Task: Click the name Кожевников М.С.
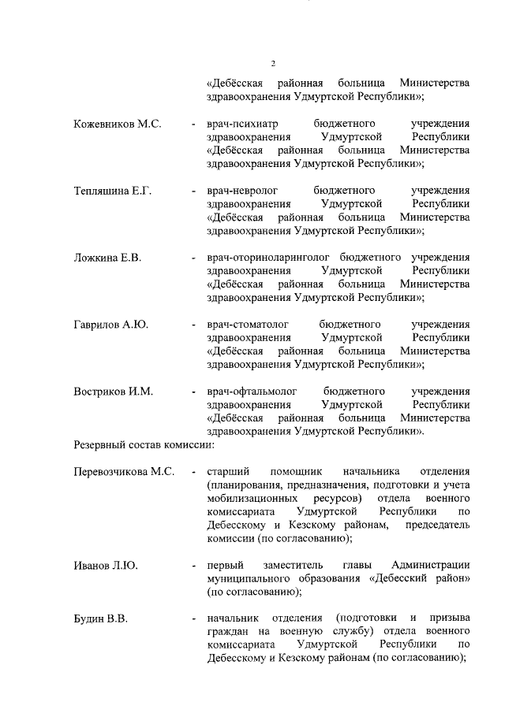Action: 117,124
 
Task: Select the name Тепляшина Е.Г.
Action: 113,191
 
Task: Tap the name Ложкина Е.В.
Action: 107,258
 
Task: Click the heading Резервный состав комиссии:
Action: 144,445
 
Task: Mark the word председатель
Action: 437,525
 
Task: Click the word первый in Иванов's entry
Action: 223,566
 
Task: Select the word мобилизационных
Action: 252,499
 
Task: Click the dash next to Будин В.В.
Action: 193,619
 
